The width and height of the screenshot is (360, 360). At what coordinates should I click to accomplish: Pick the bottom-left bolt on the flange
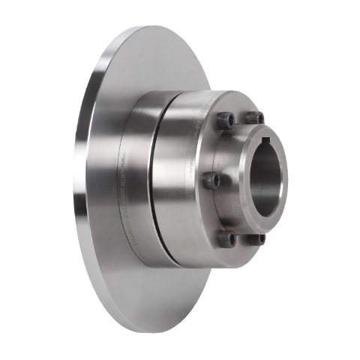click(x=226, y=238)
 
